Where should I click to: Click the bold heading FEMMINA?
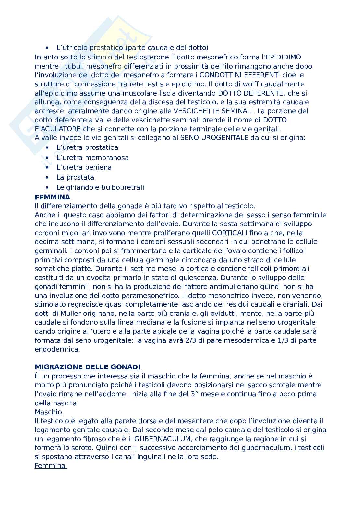pos(52,197)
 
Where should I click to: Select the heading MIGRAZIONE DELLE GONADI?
pos(88,367)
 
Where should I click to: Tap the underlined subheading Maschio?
pos(48,412)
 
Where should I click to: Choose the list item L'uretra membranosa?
pos(92,157)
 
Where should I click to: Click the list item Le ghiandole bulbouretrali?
pos(100,187)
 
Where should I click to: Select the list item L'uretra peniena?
pos(84,167)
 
